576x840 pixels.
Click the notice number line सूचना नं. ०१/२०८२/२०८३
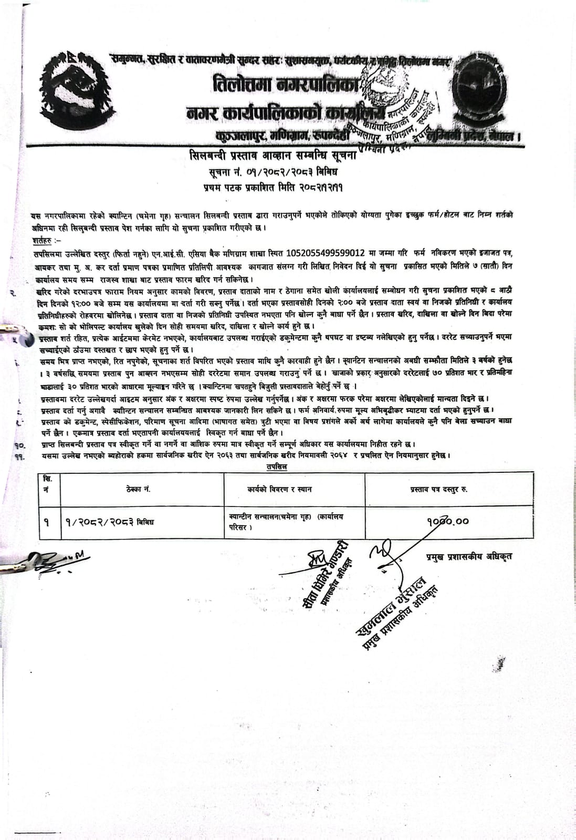pyautogui.click(x=273, y=172)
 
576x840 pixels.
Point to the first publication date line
pyautogui.click(x=273, y=186)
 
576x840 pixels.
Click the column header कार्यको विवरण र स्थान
pyautogui.click(x=279, y=489)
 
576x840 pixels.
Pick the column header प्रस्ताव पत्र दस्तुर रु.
pyautogui.click(x=439, y=489)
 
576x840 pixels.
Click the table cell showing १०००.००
pyautogui.click(x=448, y=521)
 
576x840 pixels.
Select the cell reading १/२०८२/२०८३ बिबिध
pyautogui.click(x=110, y=522)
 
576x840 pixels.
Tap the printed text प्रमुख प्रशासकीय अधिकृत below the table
pyautogui.click(x=469, y=556)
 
